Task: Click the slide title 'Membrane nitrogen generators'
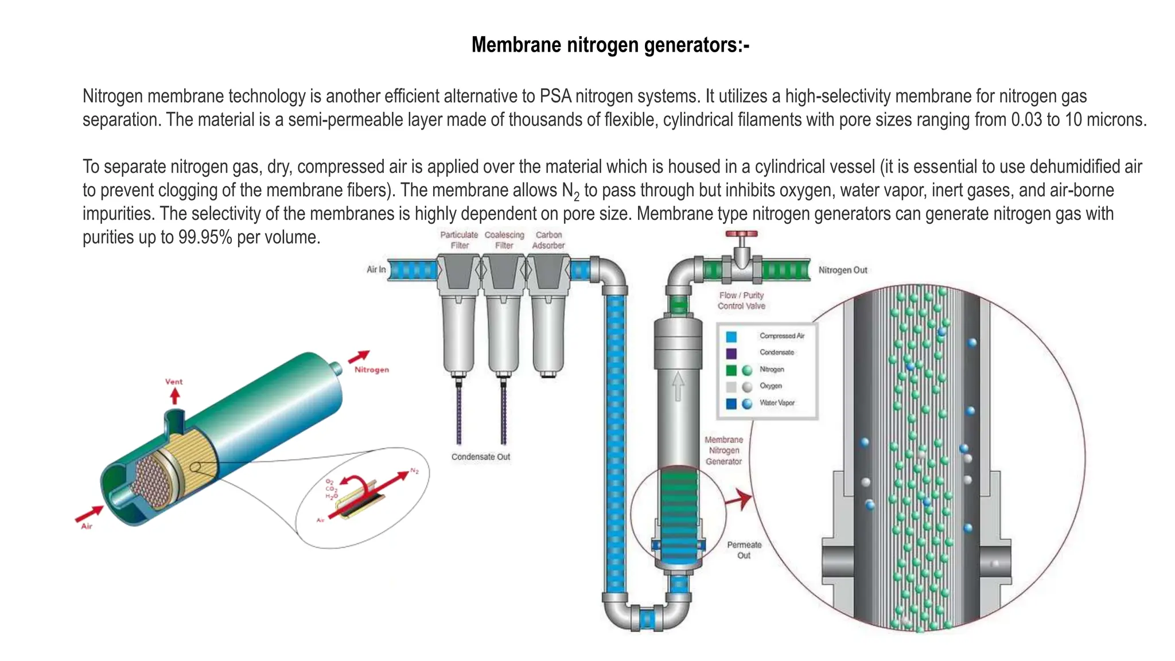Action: (x=610, y=45)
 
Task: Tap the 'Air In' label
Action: (x=376, y=269)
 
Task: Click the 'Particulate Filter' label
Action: (x=459, y=240)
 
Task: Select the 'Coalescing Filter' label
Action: (x=504, y=240)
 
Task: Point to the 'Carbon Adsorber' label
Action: (x=548, y=240)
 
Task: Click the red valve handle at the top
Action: (x=741, y=234)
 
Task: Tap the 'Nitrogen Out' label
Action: (x=842, y=270)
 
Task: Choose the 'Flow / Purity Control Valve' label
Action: (x=741, y=301)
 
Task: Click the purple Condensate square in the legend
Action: (x=732, y=353)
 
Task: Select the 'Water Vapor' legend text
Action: (x=777, y=403)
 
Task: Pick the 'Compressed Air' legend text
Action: (x=781, y=336)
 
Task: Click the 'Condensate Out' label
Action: (x=480, y=457)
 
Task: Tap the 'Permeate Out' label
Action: (x=744, y=550)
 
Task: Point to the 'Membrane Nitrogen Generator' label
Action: (x=723, y=450)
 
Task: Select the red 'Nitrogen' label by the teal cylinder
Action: (x=371, y=370)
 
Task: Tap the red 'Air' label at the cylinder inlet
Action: (x=87, y=526)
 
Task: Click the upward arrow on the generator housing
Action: (x=678, y=386)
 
